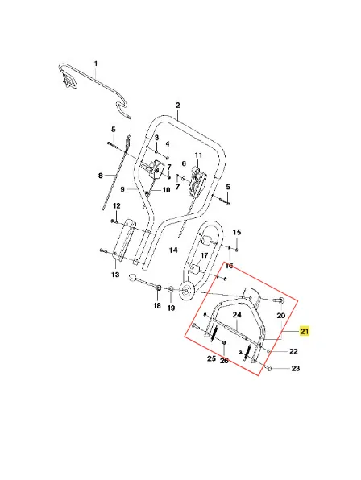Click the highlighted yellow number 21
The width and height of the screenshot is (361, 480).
305,331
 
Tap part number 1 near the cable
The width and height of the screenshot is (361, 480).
96,64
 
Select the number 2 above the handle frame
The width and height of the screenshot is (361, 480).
177,106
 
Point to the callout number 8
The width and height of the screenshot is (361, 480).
101,176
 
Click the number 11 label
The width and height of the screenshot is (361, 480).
198,155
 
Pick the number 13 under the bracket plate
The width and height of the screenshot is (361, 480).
115,275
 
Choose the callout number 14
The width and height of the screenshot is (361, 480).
173,250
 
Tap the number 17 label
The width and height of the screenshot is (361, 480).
204,255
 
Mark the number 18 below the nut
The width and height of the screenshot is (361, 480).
157,305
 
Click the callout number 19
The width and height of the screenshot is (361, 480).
171,308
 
